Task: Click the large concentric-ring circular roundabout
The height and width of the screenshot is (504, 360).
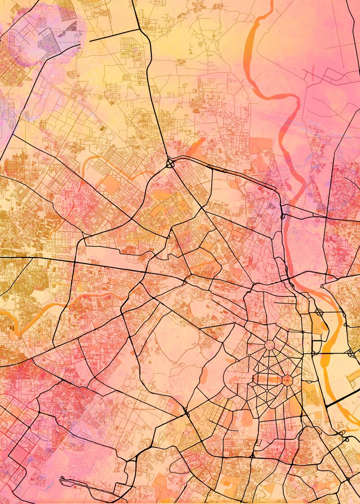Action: (269, 345)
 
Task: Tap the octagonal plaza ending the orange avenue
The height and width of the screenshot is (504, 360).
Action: (287, 381)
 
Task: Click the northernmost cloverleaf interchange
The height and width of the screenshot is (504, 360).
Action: (171, 163)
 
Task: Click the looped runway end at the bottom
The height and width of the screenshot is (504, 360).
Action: (63, 479)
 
